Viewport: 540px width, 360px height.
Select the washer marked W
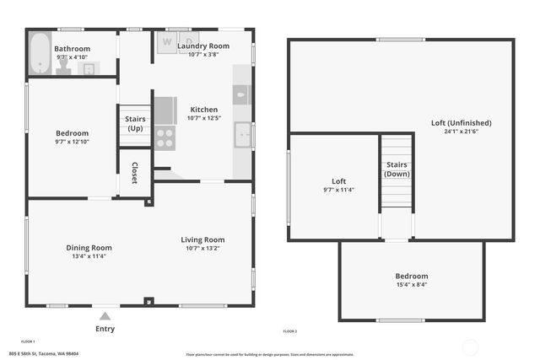pyautogui.click(x=166, y=42)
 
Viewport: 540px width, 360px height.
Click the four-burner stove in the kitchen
pyautogui.click(x=165, y=137)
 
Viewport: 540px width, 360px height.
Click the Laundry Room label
pyautogui.click(x=203, y=46)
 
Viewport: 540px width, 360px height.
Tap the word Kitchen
pyautogui.click(x=203, y=110)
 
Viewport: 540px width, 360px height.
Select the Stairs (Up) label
pyautogui.click(x=135, y=123)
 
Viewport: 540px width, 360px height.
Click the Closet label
pyautogui.click(x=134, y=173)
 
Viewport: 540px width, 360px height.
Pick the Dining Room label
pyautogui.click(x=89, y=248)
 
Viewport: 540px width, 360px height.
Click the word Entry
pyautogui.click(x=105, y=329)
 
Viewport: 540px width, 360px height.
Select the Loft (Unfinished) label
pyautogui.click(x=461, y=123)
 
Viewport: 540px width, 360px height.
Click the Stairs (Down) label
pyautogui.click(x=397, y=169)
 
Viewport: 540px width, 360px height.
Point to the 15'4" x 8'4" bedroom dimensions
pyautogui.click(x=412, y=284)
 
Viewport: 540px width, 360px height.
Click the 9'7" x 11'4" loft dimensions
pyautogui.click(x=338, y=190)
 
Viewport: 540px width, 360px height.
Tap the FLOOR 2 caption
pyautogui.click(x=289, y=331)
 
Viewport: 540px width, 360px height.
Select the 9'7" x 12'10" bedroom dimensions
pyautogui.click(x=73, y=142)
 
